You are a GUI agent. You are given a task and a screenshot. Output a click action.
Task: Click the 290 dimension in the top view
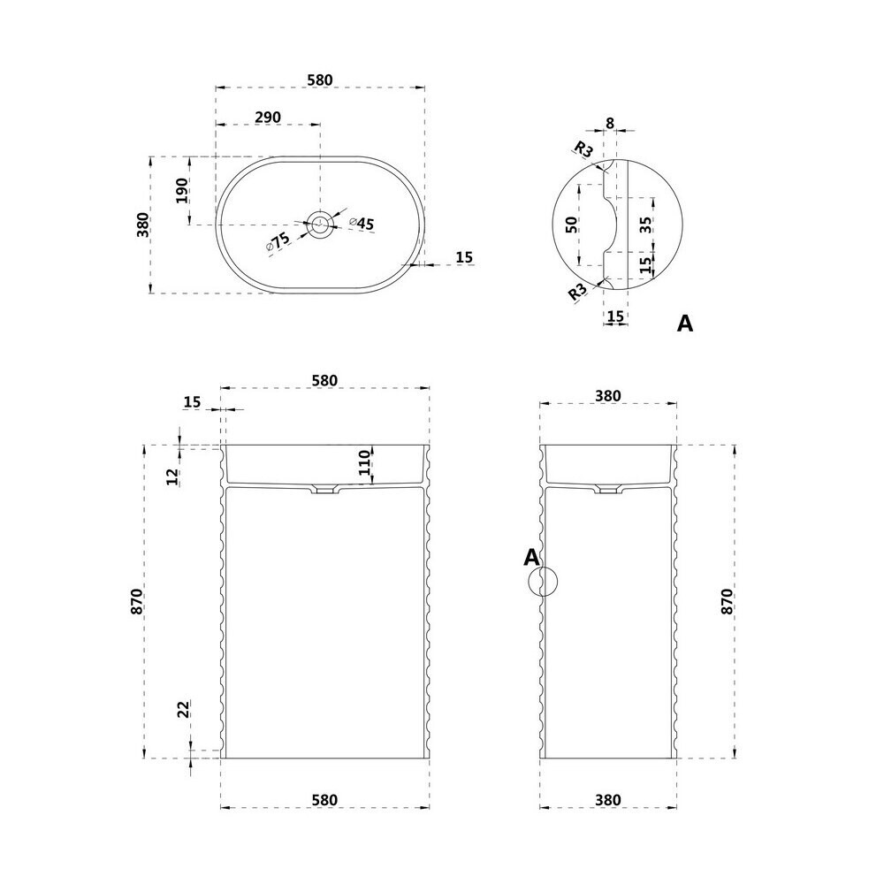click(x=268, y=118)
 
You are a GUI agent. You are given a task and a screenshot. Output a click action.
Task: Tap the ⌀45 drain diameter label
click(x=362, y=224)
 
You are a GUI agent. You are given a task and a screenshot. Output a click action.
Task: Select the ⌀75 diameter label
click(x=278, y=241)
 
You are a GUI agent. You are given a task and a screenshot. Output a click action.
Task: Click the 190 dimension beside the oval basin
click(x=181, y=191)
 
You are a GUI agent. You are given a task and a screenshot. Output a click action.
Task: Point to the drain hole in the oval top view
click(x=320, y=224)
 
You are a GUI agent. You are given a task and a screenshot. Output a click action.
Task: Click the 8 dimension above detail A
click(x=609, y=122)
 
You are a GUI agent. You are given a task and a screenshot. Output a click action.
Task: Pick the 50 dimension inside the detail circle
click(x=571, y=225)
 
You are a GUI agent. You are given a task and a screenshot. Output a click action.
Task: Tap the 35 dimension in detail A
click(x=646, y=225)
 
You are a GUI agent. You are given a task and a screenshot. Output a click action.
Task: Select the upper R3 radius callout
click(x=584, y=149)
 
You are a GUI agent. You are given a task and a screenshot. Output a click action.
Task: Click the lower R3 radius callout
click(x=577, y=291)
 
